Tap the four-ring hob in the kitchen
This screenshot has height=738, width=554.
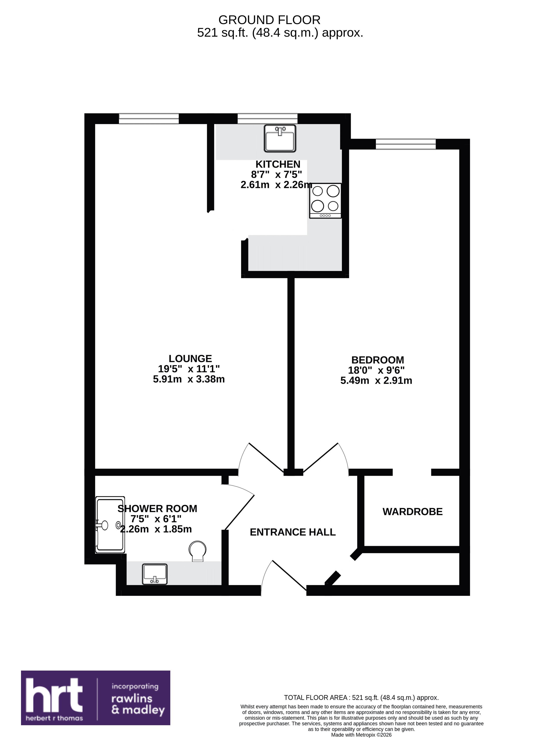[x=325, y=201]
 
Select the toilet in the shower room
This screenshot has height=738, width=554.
[x=197, y=551]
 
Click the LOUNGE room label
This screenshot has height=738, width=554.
[x=190, y=358]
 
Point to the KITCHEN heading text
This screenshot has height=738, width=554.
[x=278, y=164]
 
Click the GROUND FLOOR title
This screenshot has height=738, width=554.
[x=269, y=20]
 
